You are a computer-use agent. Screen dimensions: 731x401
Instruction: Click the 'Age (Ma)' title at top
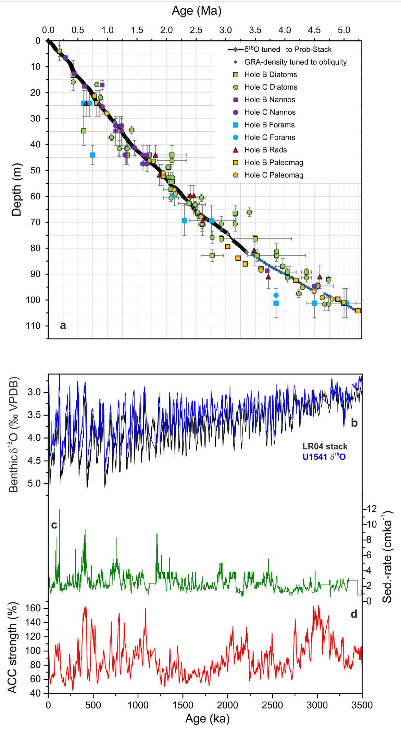[197, 11]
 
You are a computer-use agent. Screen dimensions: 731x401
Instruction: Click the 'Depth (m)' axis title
[16, 189]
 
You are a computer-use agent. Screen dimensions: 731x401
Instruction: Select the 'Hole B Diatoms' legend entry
[271, 75]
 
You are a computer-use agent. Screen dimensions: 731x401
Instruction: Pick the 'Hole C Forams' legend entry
[270, 137]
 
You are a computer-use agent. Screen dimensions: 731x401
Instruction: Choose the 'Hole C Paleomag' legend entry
[274, 175]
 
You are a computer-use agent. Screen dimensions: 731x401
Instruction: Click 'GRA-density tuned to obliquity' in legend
[295, 62]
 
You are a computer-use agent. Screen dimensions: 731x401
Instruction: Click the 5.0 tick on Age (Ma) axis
[344, 30]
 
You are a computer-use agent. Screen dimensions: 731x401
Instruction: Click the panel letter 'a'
[63, 325]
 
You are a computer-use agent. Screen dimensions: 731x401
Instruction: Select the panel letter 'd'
[354, 614]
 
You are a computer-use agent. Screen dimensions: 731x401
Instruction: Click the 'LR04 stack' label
[325, 446]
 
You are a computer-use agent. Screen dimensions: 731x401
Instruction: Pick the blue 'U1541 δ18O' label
[324, 457]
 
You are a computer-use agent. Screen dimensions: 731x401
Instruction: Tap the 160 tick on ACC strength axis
[34, 608]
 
